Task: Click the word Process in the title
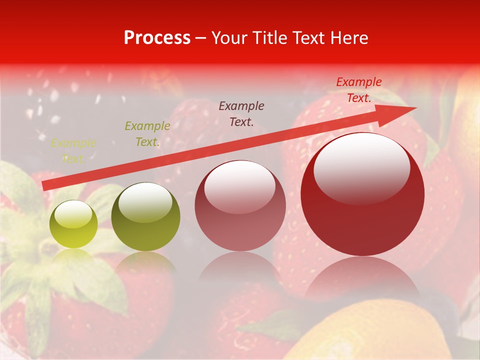point(157,38)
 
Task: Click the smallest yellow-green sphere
point(73,224)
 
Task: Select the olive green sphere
point(145,217)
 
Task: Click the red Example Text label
point(359,90)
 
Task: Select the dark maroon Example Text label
point(241,113)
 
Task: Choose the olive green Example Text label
point(147,134)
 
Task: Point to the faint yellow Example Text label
point(73,151)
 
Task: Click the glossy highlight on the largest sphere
point(361,167)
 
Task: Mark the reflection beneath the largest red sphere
point(362,280)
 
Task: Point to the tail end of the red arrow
point(46,186)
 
